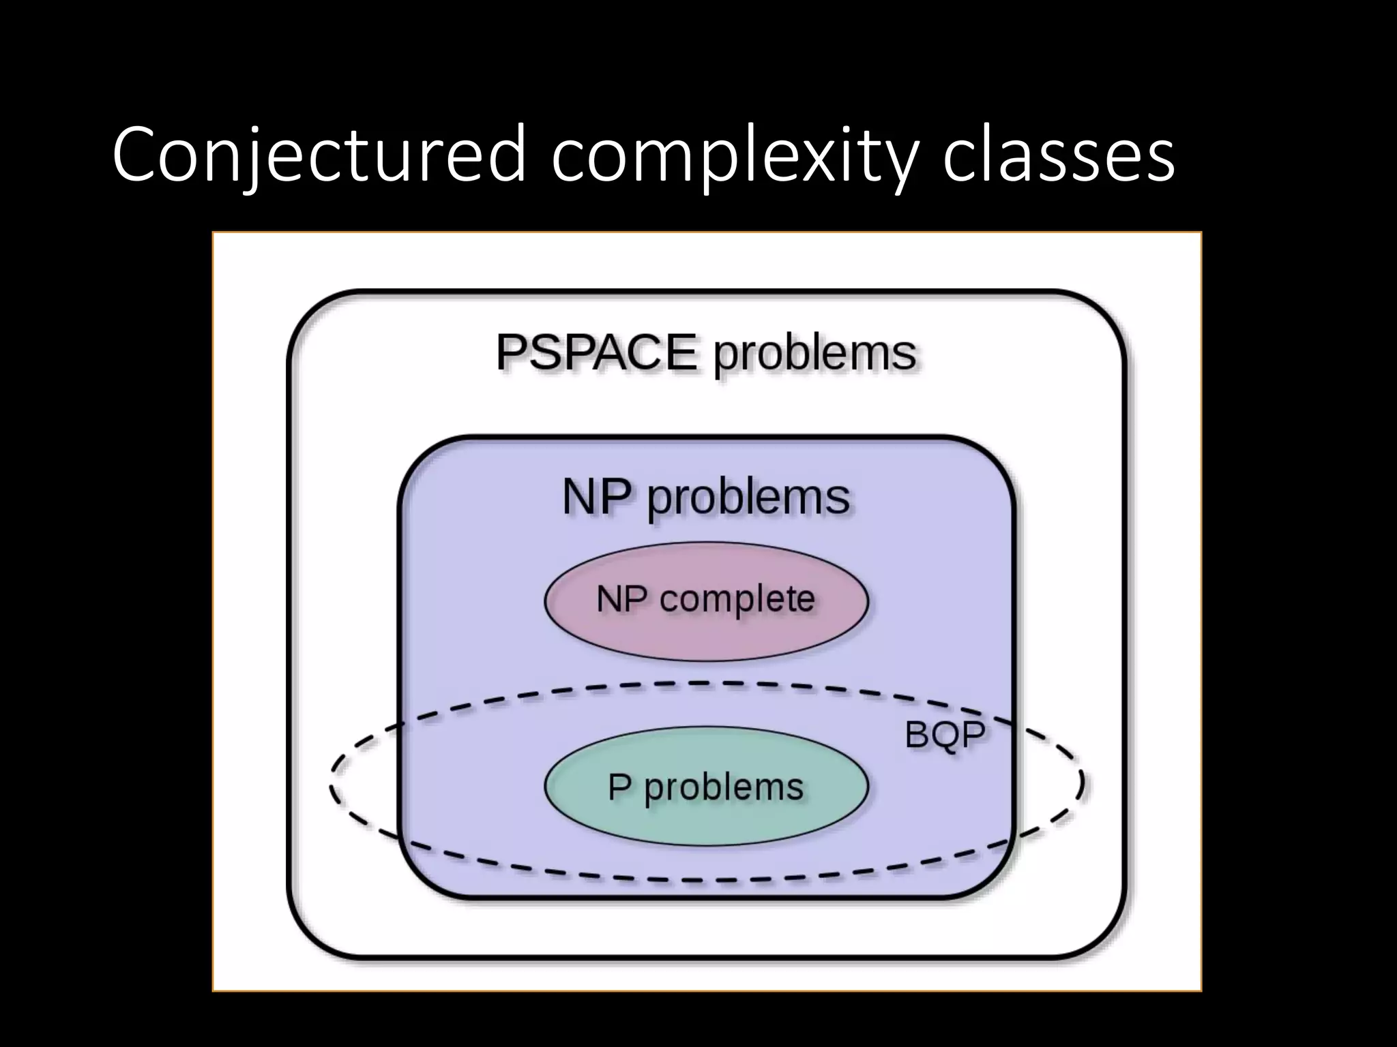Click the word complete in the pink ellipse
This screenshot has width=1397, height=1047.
point(737,600)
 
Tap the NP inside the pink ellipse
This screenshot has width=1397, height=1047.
point(621,599)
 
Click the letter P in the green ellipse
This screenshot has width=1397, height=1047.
point(619,787)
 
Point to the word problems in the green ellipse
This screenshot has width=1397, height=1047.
point(724,788)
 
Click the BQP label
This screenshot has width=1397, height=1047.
point(945,734)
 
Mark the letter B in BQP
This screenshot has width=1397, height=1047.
point(917,734)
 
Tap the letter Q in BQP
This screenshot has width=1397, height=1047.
point(945,735)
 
